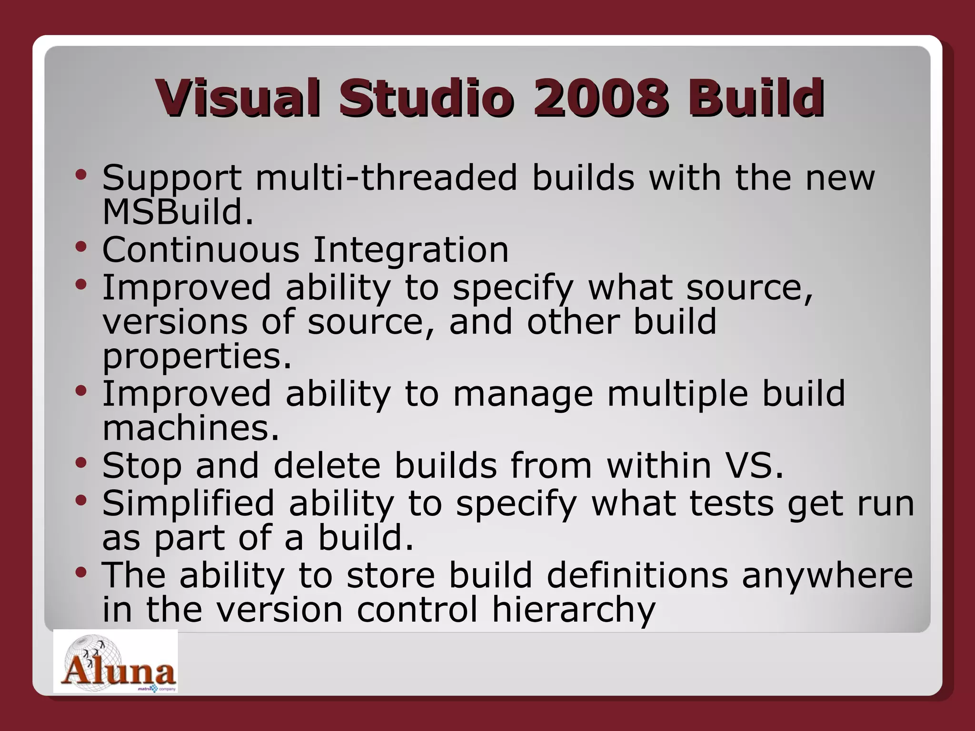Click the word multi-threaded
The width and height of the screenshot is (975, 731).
386,178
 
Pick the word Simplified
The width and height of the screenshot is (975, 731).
189,503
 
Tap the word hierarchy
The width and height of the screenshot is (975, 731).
574,610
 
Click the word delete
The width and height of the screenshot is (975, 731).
327,465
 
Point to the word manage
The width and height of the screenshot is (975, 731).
523,395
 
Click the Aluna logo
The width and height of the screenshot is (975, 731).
116,662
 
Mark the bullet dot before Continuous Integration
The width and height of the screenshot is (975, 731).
81,247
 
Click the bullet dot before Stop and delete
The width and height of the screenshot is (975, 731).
81,462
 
